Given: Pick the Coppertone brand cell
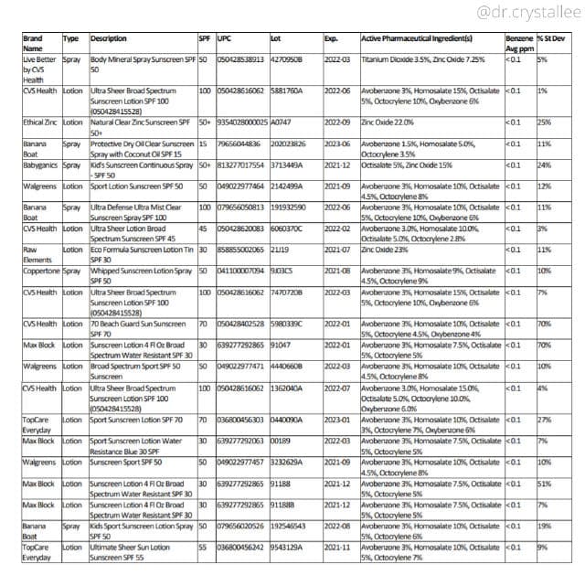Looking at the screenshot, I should pyautogui.click(x=42, y=271).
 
